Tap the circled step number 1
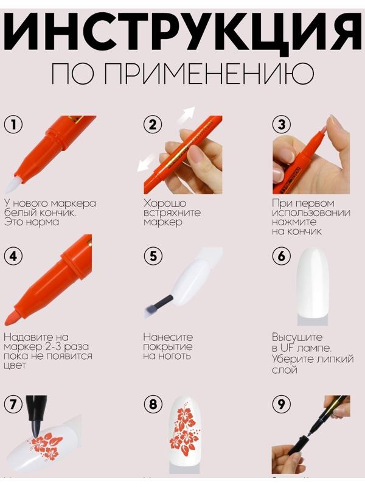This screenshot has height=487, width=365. pyautogui.click(x=13, y=125)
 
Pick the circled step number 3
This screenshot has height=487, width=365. pyautogui.click(x=281, y=125)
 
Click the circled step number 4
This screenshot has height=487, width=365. pyautogui.click(x=13, y=256)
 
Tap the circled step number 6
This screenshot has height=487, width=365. pyautogui.click(x=281, y=256)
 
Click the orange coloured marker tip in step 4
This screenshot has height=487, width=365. pyautogui.click(x=15, y=317)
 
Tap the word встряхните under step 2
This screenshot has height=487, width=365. pyautogui.click(x=172, y=213)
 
